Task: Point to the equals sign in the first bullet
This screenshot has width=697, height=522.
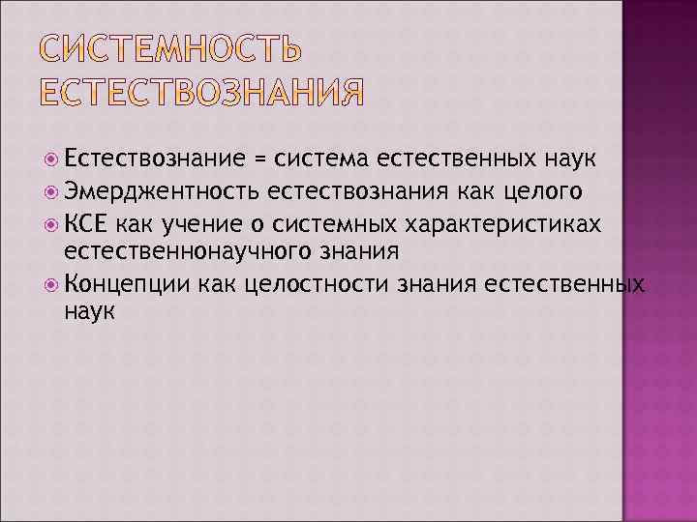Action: coord(259,159)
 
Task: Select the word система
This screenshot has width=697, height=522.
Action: coord(320,159)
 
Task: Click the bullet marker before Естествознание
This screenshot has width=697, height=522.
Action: coord(52,159)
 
